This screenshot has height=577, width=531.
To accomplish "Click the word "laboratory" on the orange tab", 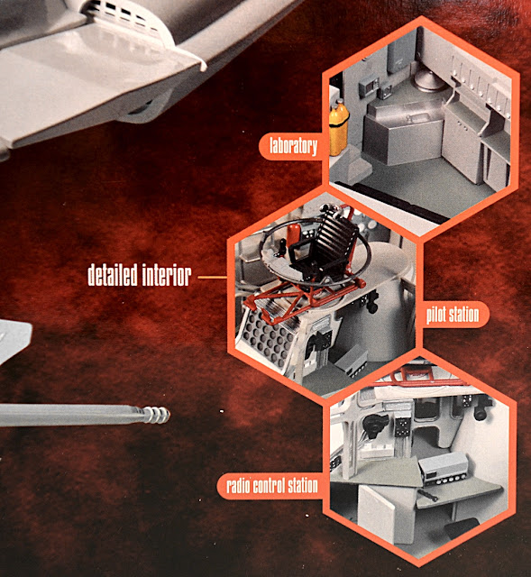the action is click(293, 146).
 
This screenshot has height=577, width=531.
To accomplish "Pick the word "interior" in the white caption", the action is click(166, 275).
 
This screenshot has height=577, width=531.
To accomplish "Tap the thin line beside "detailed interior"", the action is click(213, 277).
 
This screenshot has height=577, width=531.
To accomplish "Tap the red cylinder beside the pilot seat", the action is click(293, 235).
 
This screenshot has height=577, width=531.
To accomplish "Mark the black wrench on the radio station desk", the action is click(427, 495).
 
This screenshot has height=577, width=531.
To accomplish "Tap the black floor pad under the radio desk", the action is click(462, 527).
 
